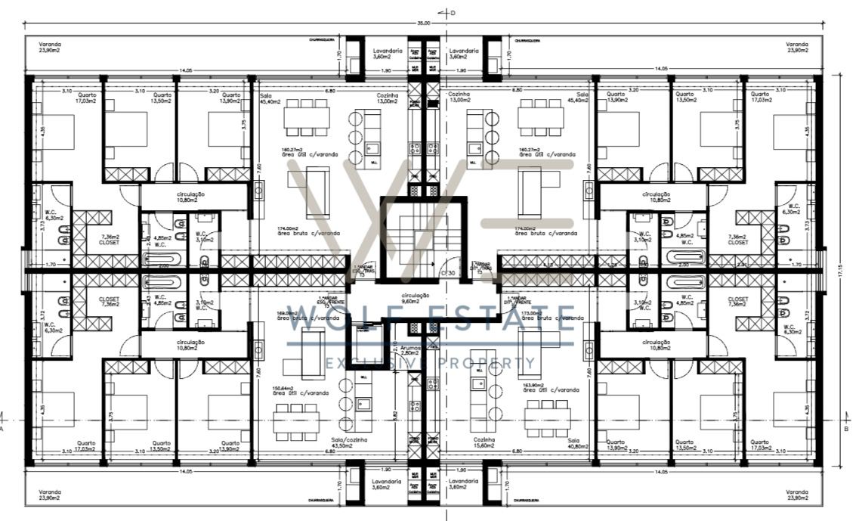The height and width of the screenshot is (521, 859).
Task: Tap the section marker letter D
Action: [x=453, y=12]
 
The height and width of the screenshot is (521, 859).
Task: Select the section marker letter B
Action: [x=845, y=427]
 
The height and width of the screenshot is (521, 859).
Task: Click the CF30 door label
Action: [x=447, y=272]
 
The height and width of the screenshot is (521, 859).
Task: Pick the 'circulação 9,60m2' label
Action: [x=415, y=298]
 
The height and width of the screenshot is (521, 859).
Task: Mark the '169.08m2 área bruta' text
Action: [x=298, y=315]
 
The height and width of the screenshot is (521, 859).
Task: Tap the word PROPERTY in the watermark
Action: [x=492, y=364]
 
